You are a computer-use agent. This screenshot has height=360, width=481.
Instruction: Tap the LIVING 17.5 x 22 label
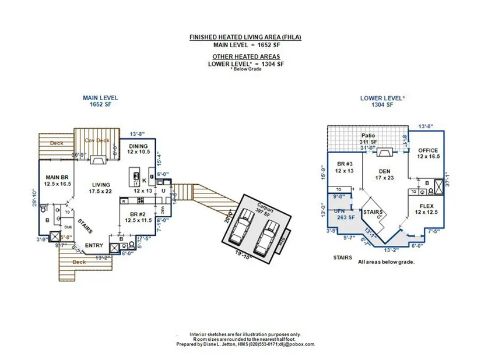(100, 187)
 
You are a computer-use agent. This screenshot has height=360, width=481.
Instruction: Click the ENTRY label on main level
(94, 245)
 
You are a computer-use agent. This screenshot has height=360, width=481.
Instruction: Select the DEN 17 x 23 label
(382, 172)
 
